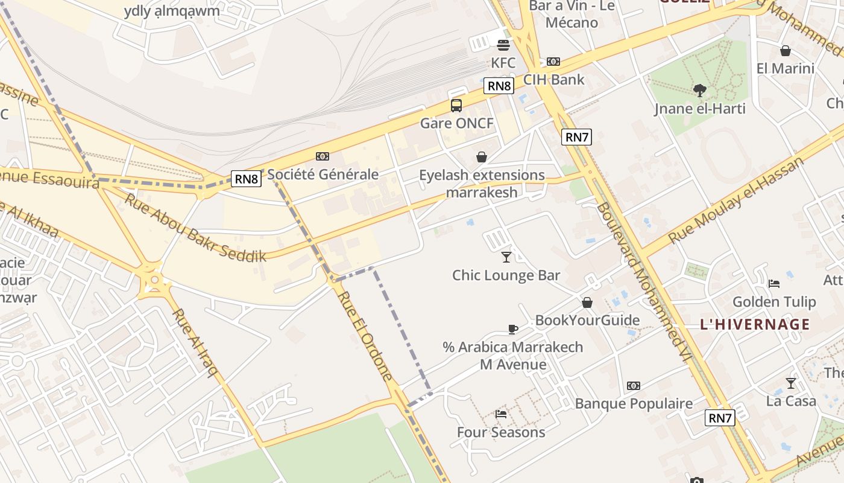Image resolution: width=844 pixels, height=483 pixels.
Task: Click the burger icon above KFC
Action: pyautogui.click(x=503, y=44)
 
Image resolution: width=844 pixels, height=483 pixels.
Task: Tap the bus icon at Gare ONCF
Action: pyautogui.click(x=456, y=106)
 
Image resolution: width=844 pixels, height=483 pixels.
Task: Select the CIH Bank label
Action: pyautogui.click(x=553, y=79)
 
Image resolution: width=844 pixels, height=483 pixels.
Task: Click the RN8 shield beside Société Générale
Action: pyautogui.click(x=246, y=179)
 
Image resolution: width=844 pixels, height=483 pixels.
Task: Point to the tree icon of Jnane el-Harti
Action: pyautogui.click(x=700, y=91)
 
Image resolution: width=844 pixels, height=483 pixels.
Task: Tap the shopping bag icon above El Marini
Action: pyautogui.click(x=785, y=51)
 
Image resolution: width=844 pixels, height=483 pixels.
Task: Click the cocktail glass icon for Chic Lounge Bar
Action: pyautogui.click(x=506, y=257)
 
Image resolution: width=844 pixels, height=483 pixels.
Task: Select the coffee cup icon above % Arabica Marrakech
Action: pyautogui.click(x=512, y=329)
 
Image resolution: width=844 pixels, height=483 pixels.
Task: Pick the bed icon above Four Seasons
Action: pyautogui.click(x=500, y=414)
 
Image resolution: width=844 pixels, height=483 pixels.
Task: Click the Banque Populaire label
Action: pyautogui.click(x=634, y=403)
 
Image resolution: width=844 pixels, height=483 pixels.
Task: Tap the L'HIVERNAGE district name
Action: pyautogui.click(x=755, y=324)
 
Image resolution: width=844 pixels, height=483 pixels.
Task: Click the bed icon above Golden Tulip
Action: pyautogui.click(x=774, y=283)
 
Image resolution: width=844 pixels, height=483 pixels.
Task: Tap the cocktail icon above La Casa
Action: pyautogui.click(x=790, y=383)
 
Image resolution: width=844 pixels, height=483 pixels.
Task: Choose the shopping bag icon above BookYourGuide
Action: pyautogui.click(x=587, y=302)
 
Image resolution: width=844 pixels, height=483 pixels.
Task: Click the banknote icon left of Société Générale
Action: pyautogui.click(x=323, y=156)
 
